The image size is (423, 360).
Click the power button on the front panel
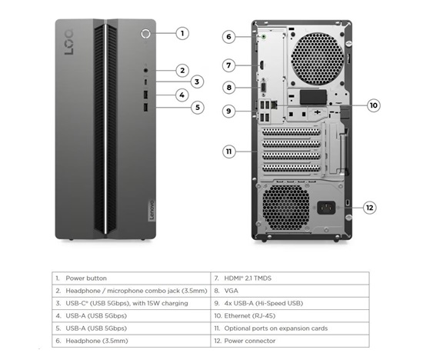tap(145, 34)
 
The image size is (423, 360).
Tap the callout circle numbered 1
tap(182, 34)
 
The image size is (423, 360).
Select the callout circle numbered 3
tap(197, 82)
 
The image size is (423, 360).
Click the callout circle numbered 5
tap(198, 108)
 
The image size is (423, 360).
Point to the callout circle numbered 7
tap(228, 65)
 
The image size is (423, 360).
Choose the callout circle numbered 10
tap(374, 105)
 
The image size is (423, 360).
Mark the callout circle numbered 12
tap(370, 208)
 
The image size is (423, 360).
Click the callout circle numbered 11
tap(228, 152)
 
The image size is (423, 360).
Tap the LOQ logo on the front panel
tap(68, 42)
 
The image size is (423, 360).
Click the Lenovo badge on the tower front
tap(152, 210)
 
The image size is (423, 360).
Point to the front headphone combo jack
tap(145, 71)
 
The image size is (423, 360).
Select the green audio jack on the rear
tap(264, 36)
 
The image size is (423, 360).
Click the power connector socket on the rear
tap(326, 208)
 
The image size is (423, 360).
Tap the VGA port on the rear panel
tap(264, 88)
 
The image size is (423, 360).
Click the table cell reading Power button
tap(131, 278)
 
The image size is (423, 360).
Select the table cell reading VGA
tap(290, 291)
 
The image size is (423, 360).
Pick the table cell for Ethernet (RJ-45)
tap(290, 315)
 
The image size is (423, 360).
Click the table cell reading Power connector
tap(290, 341)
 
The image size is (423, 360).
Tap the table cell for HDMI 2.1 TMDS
tap(290, 278)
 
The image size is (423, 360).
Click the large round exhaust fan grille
tap(318, 58)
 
